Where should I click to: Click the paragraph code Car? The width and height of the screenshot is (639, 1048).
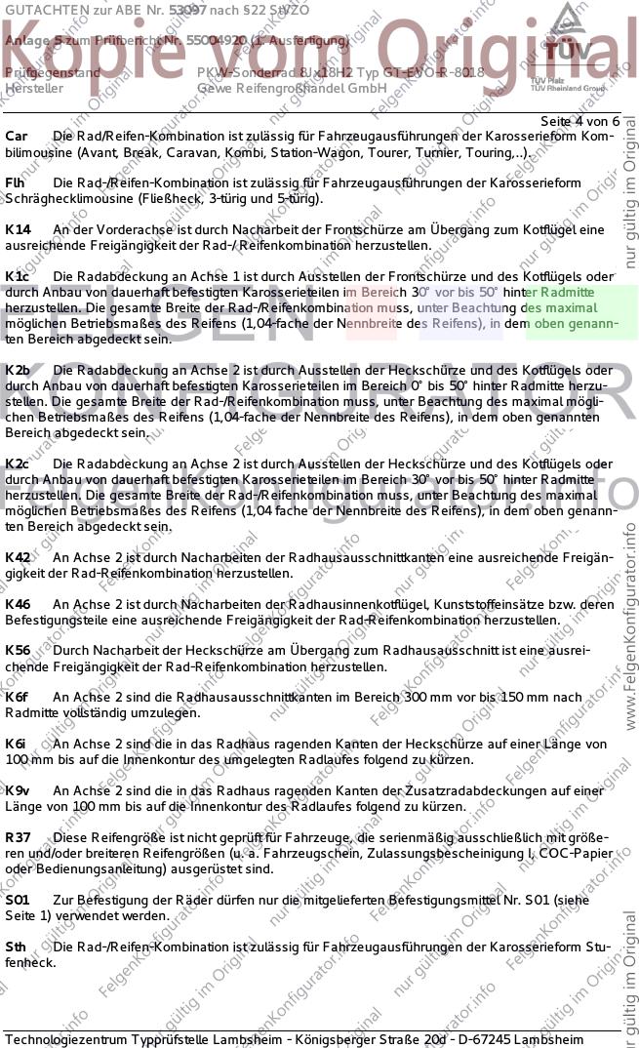coord(17,136)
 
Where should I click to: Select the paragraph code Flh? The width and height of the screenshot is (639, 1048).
coord(16,182)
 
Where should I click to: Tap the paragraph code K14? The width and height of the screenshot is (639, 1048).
coord(18,229)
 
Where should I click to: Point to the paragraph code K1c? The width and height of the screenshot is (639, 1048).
coord(18,276)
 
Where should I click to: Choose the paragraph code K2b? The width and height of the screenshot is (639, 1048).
coord(18,370)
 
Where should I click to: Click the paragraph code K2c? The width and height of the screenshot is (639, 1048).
coord(18,464)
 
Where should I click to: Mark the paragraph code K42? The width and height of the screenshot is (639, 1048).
coord(18,557)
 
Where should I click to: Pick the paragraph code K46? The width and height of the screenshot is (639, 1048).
coord(18,604)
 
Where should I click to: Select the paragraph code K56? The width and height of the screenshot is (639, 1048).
coord(18,651)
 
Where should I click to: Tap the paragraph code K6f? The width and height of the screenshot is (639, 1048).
coord(17,698)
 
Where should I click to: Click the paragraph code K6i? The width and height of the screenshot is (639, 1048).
coord(16,744)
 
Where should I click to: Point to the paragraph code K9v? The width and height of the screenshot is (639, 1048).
coord(18,790)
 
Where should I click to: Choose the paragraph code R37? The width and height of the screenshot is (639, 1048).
coord(18,837)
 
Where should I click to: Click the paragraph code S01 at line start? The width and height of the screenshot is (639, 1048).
coord(18,900)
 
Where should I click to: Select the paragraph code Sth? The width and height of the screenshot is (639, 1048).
coord(16,947)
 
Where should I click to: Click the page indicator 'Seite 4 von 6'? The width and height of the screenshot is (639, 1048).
coord(579,120)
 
